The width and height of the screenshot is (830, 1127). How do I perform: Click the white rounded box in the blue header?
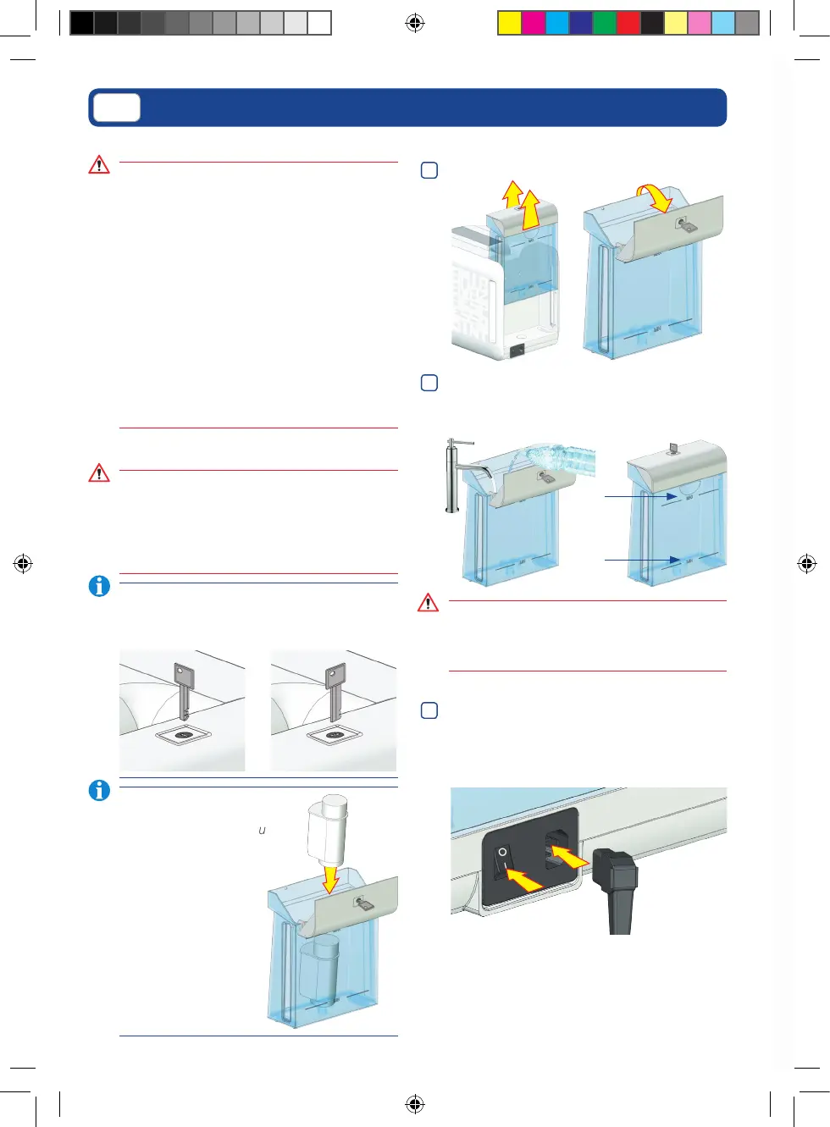click(x=117, y=108)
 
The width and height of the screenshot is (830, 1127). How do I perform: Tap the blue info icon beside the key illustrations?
click(x=99, y=585)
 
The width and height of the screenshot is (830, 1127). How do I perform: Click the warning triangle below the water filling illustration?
click(x=428, y=603)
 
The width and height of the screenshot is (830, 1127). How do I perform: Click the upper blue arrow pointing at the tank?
click(x=640, y=496)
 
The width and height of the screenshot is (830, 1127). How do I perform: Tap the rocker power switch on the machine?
click(x=505, y=864)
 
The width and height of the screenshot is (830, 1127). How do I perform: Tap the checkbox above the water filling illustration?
click(x=429, y=383)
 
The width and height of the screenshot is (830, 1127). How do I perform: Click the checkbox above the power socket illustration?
click(x=429, y=710)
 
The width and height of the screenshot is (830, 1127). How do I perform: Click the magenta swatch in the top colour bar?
click(x=533, y=23)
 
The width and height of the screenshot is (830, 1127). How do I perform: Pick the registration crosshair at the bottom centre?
click(x=415, y=1103)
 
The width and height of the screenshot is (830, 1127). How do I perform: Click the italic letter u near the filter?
click(x=262, y=831)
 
